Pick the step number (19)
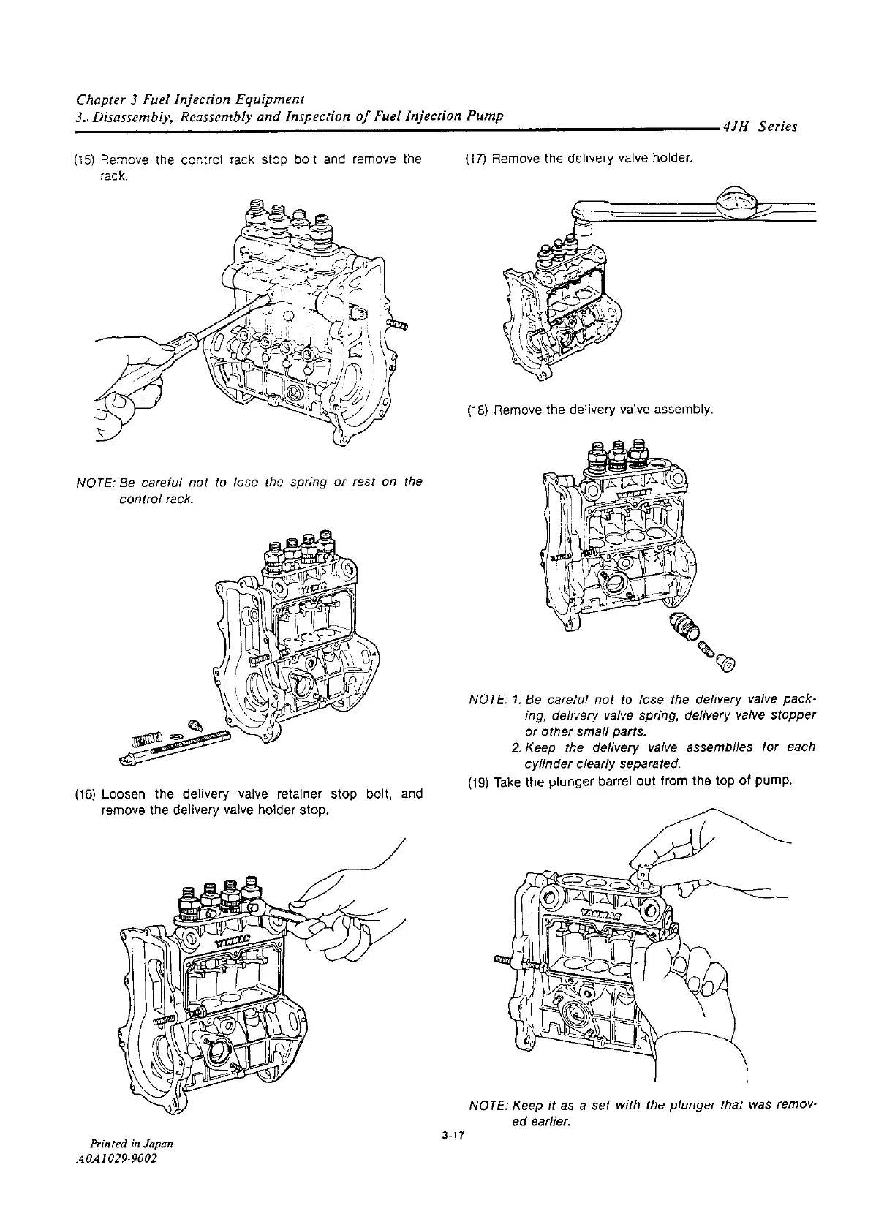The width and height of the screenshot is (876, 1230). pyautogui.click(x=477, y=782)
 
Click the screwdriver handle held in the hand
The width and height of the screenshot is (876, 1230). pyautogui.click(x=175, y=348)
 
